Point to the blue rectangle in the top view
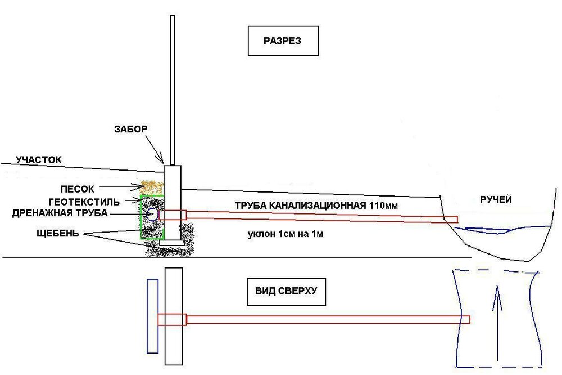[152, 315]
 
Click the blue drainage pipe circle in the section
[152, 214]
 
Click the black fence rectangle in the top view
[174, 315]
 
